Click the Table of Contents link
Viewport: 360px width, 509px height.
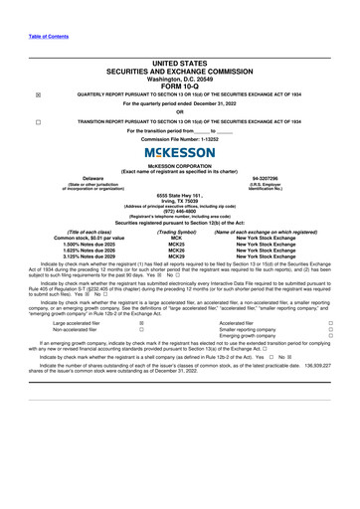pyautogui.click(x=27, y=9)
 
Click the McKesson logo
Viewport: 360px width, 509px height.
pyautogui.click(x=180, y=152)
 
